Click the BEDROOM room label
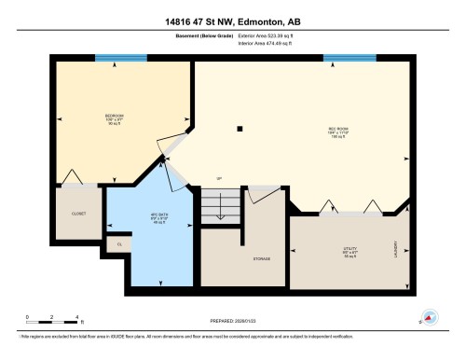[114, 118]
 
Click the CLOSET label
[79, 214]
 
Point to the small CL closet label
[119, 244]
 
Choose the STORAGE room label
[260, 258]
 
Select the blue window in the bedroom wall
[120, 59]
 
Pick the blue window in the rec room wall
[349, 59]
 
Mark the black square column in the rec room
[240, 129]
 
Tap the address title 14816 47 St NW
[233, 18]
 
